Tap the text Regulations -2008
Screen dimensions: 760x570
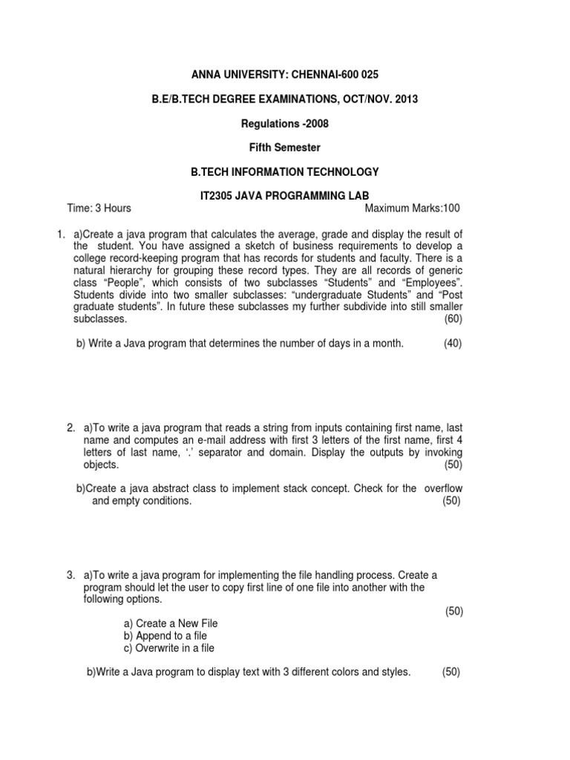click(285, 123)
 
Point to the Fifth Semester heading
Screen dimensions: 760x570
click(285, 148)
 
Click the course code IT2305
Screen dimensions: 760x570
click(209, 196)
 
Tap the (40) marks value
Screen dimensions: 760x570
click(453, 344)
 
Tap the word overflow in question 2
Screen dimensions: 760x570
click(445, 488)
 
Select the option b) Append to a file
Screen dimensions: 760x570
click(165, 636)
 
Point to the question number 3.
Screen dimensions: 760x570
click(70, 575)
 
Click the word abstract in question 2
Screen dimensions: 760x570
click(168, 488)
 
